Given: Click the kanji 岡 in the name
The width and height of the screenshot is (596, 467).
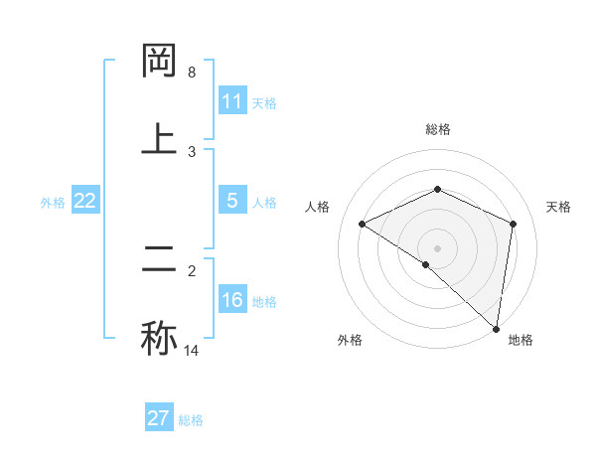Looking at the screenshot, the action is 160,62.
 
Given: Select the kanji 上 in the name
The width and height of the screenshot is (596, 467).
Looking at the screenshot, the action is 160,138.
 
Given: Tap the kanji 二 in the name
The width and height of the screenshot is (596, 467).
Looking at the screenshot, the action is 160,260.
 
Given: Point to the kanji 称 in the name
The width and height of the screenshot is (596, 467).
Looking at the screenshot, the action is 160,337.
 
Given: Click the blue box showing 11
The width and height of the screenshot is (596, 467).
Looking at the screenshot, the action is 232,101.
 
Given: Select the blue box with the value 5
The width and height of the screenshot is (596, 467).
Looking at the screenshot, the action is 232,201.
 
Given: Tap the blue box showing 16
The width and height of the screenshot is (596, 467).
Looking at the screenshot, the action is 232,300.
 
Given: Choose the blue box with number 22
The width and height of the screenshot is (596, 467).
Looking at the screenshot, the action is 85,201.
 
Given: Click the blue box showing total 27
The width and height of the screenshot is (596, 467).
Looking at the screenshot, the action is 159,418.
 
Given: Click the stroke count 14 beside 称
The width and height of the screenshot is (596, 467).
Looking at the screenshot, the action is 192,350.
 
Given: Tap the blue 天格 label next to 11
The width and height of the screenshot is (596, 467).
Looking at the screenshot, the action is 264,102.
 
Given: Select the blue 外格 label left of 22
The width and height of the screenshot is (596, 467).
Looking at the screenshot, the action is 53,202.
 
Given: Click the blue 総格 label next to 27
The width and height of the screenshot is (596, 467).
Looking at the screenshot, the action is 191,419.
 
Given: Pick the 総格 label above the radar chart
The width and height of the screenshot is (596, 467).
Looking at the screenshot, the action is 438,129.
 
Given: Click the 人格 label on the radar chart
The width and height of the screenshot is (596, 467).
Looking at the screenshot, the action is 319,207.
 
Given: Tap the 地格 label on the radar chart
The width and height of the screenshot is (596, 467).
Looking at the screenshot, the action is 521,340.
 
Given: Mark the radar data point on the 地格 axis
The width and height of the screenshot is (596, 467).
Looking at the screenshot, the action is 496,327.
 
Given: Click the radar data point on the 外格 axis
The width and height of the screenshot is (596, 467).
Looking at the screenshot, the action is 425,264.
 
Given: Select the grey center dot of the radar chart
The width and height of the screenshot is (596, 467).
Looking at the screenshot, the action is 438,248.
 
